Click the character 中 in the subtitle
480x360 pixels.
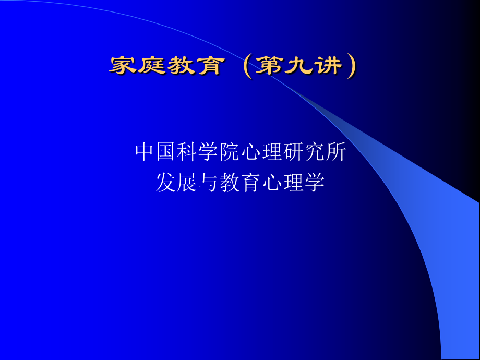click(146, 152)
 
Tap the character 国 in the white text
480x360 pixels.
click(166, 152)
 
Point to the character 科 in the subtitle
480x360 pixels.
click(188, 152)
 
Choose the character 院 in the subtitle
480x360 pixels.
click(230, 152)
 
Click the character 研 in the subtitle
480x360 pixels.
click(293, 152)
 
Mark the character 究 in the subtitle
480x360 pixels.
click(314, 152)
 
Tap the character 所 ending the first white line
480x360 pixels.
click(335, 152)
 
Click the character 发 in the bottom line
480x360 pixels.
click(166, 183)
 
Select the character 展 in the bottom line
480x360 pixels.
click(188, 183)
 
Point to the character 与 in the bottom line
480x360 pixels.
click(209, 183)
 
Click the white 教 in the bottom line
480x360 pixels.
click(230, 183)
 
